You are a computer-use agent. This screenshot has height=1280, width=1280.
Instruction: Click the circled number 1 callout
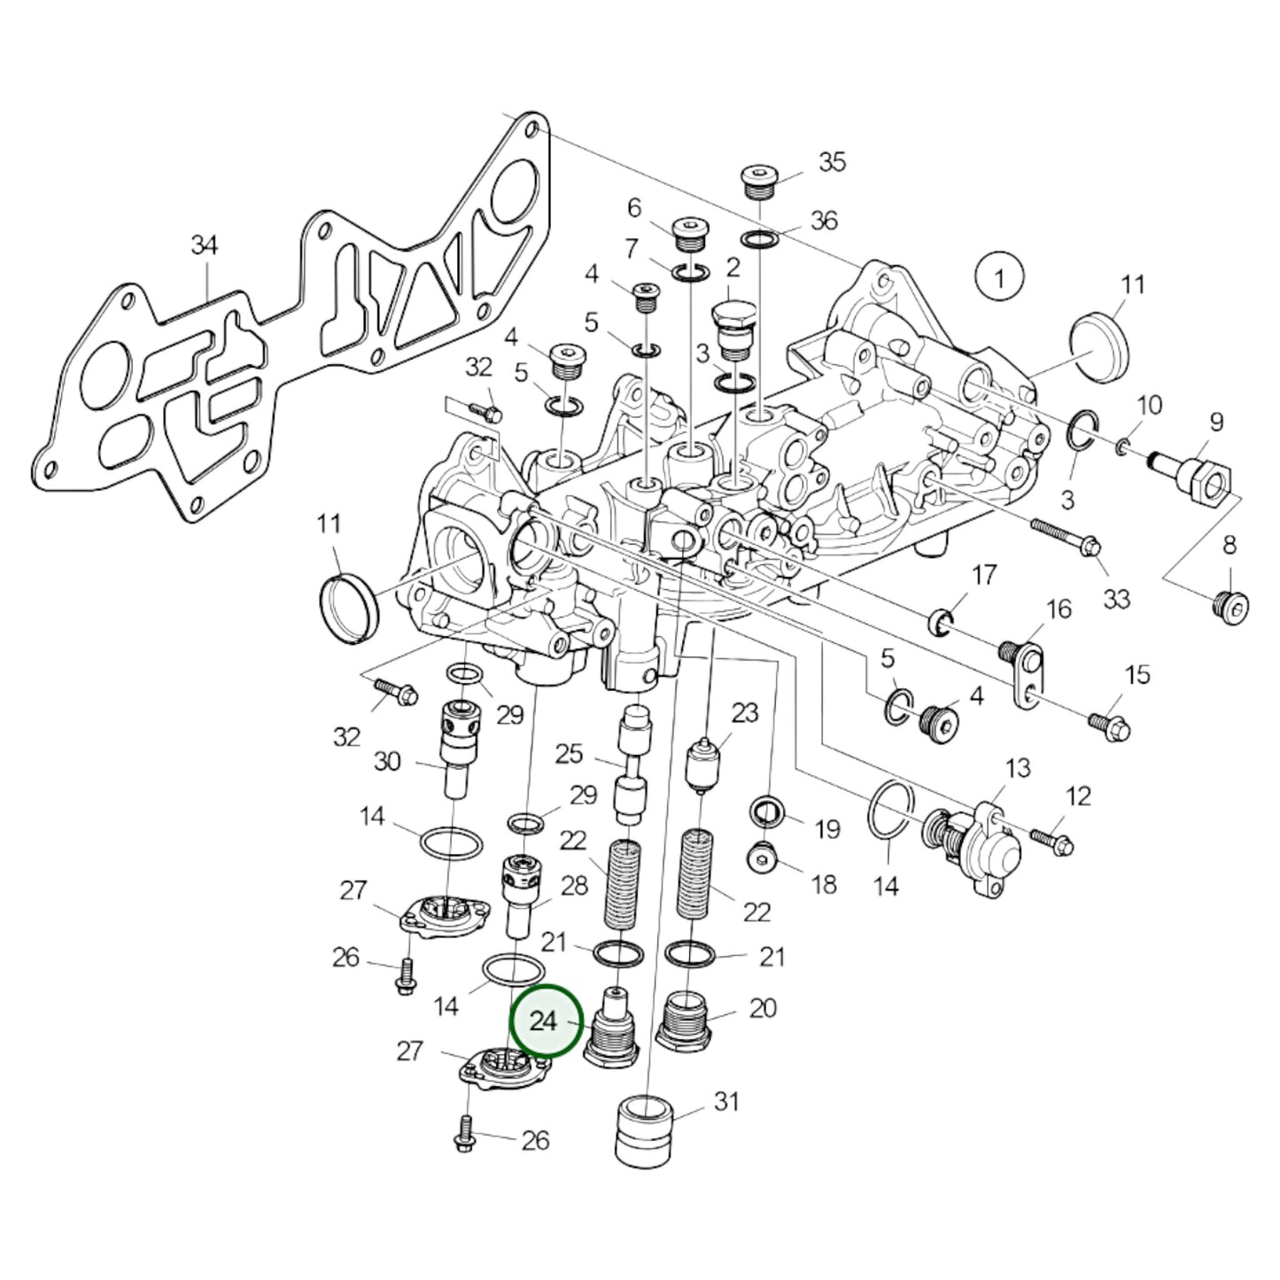(x=999, y=279)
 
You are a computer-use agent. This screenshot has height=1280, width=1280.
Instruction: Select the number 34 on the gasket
(x=205, y=244)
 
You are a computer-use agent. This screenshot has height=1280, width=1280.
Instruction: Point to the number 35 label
(x=832, y=161)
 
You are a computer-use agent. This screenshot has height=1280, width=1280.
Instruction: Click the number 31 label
(x=726, y=1102)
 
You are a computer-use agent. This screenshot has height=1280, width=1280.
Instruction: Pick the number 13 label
(x=1018, y=767)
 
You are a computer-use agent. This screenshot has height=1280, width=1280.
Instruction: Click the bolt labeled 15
(x=1108, y=725)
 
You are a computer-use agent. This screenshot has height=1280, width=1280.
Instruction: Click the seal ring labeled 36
(x=760, y=239)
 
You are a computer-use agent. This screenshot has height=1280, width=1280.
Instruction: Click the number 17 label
(x=984, y=577)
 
